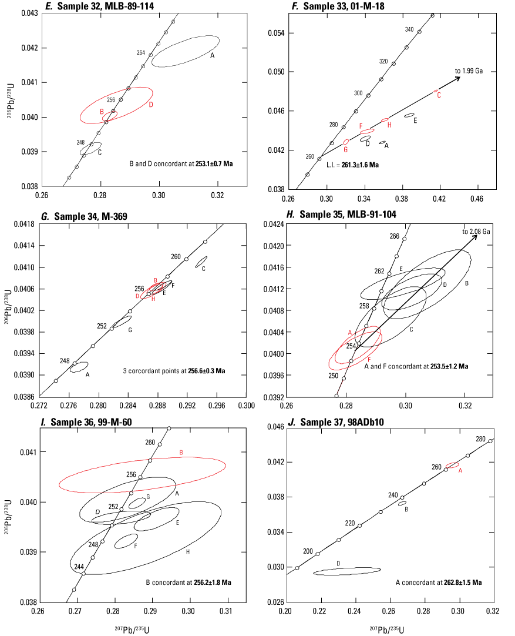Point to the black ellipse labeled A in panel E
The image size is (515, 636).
coord(186,51)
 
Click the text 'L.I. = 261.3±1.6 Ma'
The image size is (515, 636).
coord(352,165)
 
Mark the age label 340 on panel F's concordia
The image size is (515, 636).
coord(409,29)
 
